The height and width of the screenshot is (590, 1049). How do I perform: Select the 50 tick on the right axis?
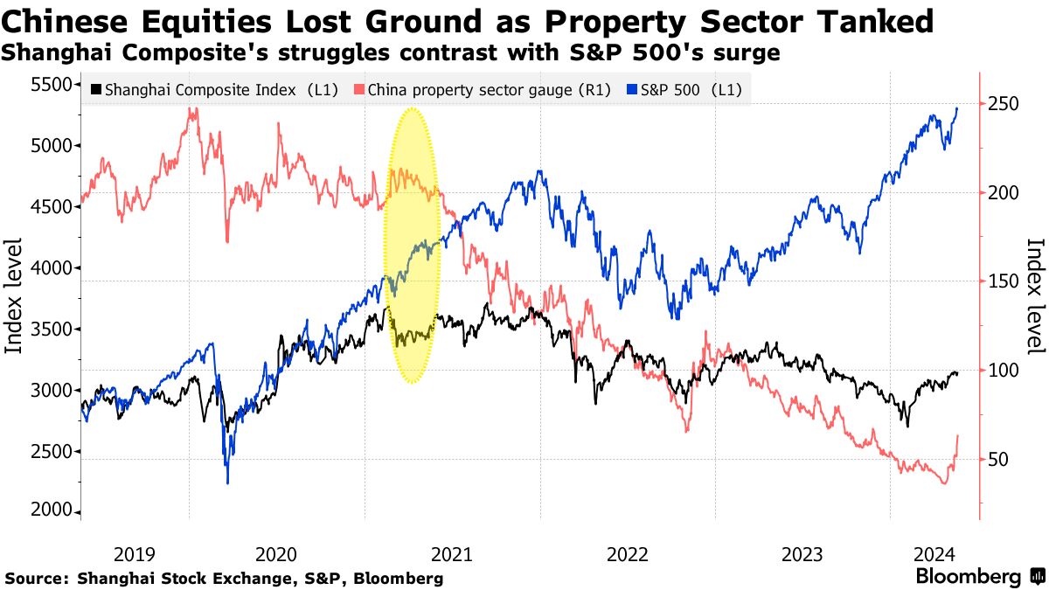pyautogui.click(x=997, y=460)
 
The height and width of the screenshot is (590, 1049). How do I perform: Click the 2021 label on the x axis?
pyautogui.click(x=452, y=553)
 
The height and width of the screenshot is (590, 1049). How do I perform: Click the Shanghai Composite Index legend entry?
pyautogui.click(x=214, y=89)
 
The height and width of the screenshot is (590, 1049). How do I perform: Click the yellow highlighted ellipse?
pyautogui.click(x=412, y=245)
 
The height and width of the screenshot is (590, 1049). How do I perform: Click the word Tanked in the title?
pyautogui.click(x=863, y=19)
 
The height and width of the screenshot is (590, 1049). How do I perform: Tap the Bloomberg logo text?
pyautogui.click(x=968, y=577)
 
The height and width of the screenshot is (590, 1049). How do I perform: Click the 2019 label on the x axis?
pyautogui.click(x=135, y=553)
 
